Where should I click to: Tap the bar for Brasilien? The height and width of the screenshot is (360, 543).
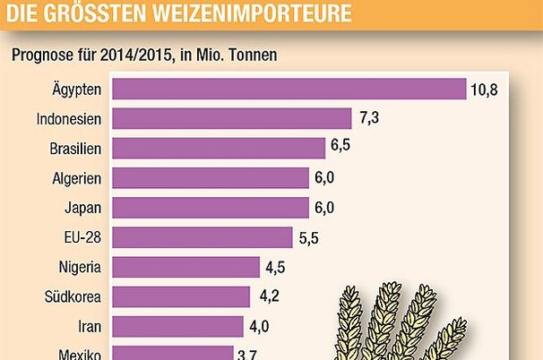coord(219,149)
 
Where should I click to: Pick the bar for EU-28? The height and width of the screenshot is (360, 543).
coord(203,237)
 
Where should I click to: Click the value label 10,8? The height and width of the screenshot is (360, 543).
coord(484,90)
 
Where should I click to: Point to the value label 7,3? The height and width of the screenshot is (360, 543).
coord(367,119)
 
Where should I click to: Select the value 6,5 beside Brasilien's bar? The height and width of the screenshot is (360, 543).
coord(340,149)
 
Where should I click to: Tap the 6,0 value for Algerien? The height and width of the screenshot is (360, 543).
coord(324,178)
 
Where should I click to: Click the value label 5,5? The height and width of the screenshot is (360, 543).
coord(308,237)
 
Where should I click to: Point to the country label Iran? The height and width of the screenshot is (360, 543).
coord(90,326)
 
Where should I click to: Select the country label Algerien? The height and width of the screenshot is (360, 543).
coord(77,178)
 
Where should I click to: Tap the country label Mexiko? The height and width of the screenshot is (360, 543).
coord(78,353)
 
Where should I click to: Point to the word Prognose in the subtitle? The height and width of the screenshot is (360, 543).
coord(40,55)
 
